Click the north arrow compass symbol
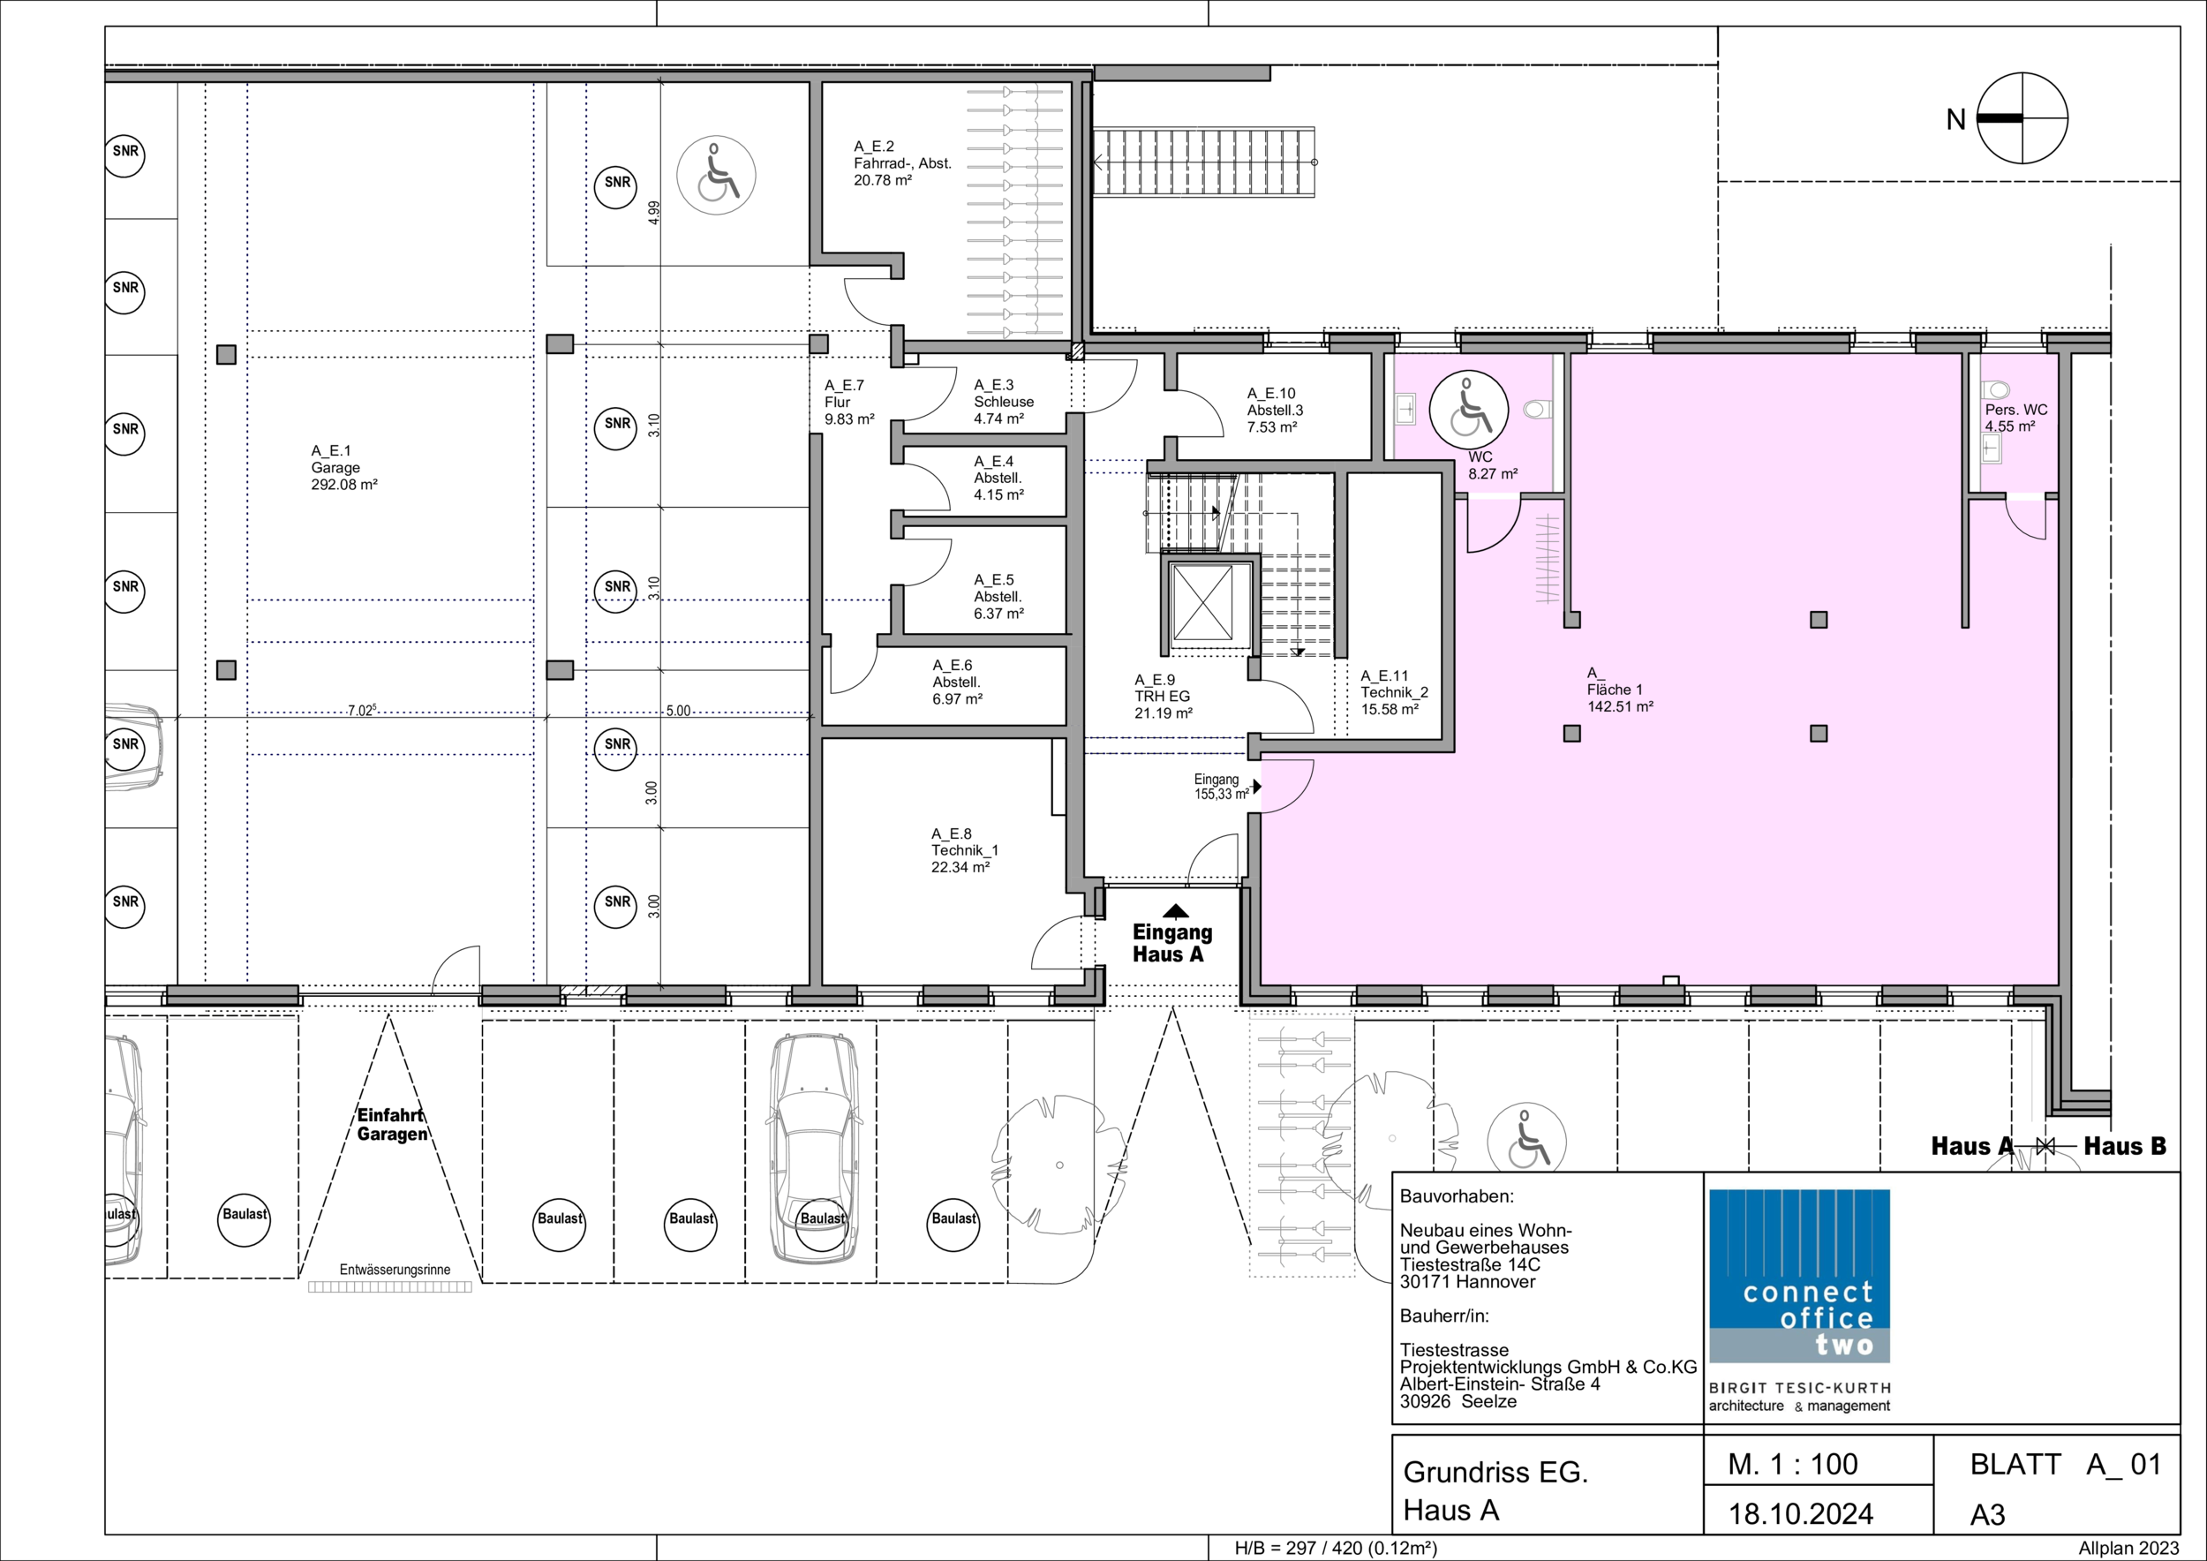[x=2022, y=119]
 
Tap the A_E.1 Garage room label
[x=344, y=467]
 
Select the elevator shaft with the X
[x=1203, y=603]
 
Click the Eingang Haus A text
[x=1171, y=943]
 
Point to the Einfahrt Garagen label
[x=391, y=1125]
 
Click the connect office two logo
[x=1799, y=1276]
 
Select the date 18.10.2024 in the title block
[x=1800, y=1514]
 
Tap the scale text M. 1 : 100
[x=1793, y=1464]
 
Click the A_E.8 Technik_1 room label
[x=964, y=850]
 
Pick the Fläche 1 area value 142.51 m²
[x=1621, y=706]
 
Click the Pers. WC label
[x=2016, y=410]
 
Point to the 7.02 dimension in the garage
[x=361, y=711]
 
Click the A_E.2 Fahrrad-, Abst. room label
[x=902, y=163]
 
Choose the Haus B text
[x=2125, y=1146]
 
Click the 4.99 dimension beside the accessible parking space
[x=653, y=213]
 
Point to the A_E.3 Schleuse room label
[x=1004, y=402]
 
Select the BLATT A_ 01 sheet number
[x=2066, y=1464]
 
